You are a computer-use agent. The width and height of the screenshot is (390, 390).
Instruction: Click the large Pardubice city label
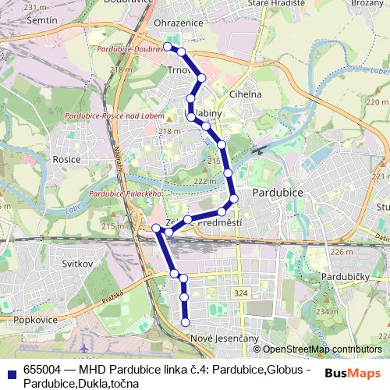[280, 191]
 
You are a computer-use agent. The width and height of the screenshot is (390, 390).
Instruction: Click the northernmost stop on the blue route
[167, 47]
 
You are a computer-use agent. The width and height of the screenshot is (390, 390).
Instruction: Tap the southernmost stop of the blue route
[186, 322]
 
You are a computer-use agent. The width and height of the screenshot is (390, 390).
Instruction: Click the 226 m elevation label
[342, 252]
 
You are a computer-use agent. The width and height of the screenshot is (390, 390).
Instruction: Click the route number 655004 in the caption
[41, 369]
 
